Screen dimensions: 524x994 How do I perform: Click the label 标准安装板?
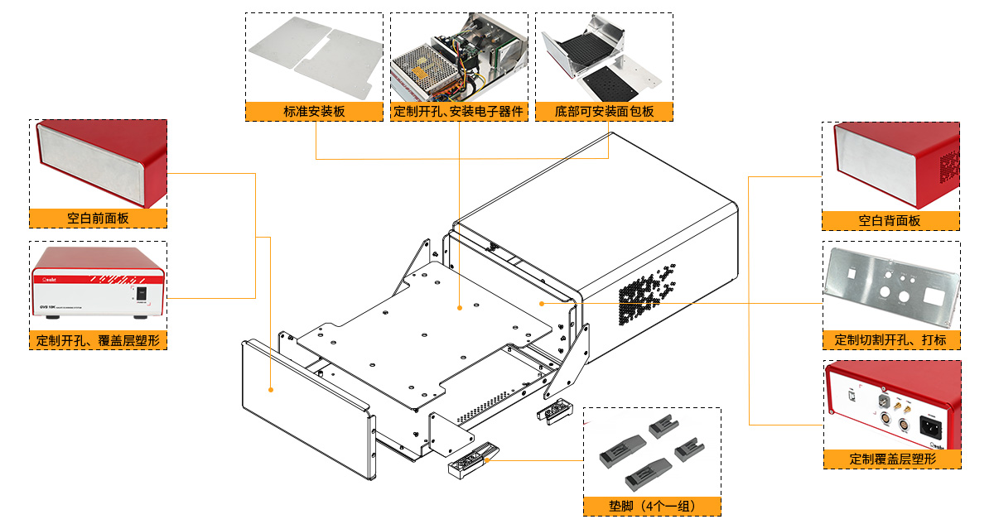pyautogui.click(x=314, y=112)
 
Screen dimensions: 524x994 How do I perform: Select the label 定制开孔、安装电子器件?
pyautogui.click(x=459, y=112)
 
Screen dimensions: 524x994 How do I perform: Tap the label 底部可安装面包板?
pyautogui.click(x=604, y=112)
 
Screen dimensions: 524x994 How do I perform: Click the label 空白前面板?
pyautogui.click(x=99, y=219)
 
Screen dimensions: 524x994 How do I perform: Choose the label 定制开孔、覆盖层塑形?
pyautogui.click(x=99, y=340)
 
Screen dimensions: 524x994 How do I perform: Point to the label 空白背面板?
pyautogui.click(x=890, y=221)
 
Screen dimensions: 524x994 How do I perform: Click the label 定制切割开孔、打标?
pyautogui.click(x=890, y=340)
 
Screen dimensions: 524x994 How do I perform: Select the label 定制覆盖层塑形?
pyautogui.click(x=892, y=459)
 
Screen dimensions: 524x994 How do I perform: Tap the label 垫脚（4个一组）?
pyautogui.click(x=651, y=506)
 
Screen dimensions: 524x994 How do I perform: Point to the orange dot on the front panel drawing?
pyautogui.click(x=271, y=388)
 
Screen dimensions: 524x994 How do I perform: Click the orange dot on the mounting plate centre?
pyautogui.click(x=459, y=308)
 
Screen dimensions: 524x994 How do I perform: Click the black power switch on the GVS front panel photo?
pyautogui.click(x=141, y=292)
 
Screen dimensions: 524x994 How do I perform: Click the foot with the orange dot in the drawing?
pyautogui.click(x=473, y=464)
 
